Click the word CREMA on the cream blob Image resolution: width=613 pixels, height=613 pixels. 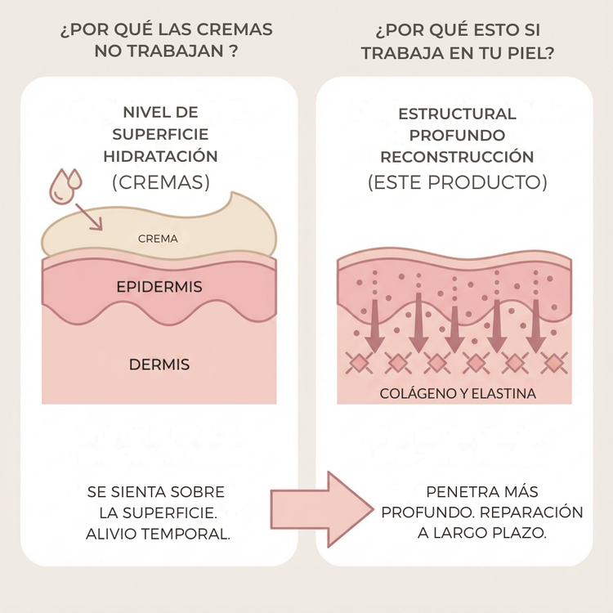tap(158, 239)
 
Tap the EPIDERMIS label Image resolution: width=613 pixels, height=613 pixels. tap(159, 288)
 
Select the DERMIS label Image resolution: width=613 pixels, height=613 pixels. tap(159, 365)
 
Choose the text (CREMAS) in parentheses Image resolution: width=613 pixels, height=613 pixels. tap(160, 181)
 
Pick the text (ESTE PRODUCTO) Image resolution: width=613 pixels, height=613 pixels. tap(457, 181)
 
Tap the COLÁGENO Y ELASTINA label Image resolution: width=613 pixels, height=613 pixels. tap(458, 394)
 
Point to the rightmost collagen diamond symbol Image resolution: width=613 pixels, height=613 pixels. tap(554, 362)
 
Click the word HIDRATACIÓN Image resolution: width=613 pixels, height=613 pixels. tap(160, 155)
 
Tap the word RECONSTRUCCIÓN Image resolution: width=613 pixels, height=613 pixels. tap(457, 157)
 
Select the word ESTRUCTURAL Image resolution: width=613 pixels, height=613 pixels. tap(457, 114)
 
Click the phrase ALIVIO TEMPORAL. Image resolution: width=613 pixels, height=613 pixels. tap(158, 535)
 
